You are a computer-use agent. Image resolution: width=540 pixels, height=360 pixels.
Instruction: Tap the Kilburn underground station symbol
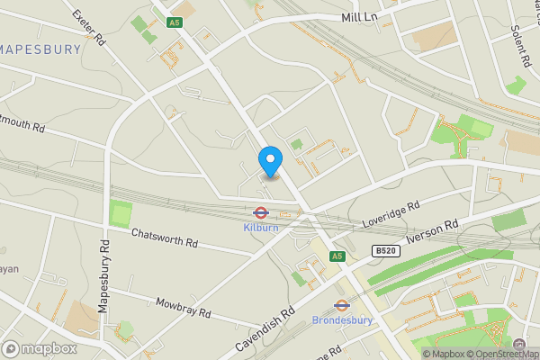coord(260,213)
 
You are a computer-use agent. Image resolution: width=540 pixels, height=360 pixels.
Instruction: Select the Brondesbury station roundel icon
coord(341,305)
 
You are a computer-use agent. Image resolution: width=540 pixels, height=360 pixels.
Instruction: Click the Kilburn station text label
coord(260,228)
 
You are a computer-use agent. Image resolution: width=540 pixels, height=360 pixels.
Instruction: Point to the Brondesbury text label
coord(341,319)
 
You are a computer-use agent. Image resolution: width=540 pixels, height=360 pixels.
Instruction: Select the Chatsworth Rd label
coord(163,238)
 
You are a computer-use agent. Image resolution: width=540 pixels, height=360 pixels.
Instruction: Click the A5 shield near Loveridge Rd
coord(337,256)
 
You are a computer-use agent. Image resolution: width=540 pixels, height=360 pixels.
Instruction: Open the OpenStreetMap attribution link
coord(500,354)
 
